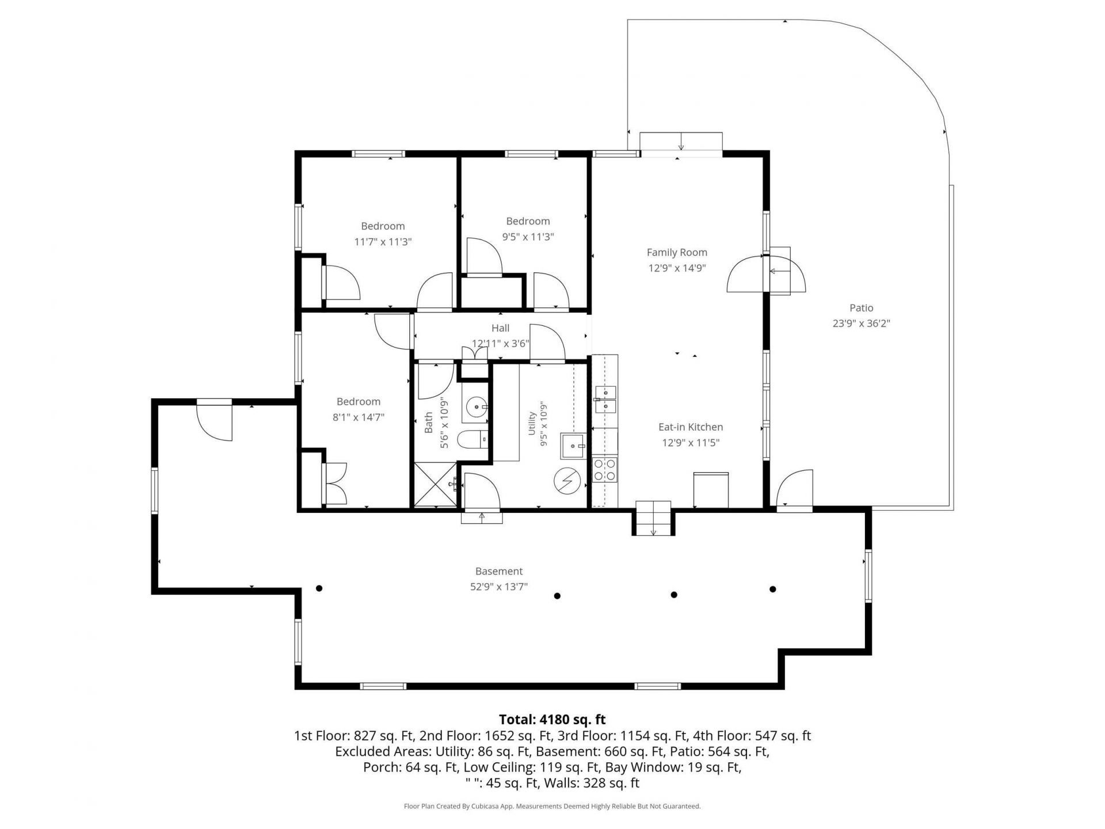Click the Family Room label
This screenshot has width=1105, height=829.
677,252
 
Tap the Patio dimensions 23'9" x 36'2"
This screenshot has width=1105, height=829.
861,324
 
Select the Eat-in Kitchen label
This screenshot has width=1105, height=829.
691,427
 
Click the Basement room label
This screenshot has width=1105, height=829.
499,571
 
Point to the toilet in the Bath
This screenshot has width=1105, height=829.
473,441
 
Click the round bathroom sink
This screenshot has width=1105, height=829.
476,407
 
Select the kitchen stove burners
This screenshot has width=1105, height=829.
605,469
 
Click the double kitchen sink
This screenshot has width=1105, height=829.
605,400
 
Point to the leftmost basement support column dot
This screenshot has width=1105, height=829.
319,588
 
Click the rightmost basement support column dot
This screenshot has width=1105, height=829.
773,589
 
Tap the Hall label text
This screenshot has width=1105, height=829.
500,328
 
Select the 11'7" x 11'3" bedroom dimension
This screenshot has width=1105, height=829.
383,242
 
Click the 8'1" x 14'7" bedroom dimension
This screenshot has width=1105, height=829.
359,417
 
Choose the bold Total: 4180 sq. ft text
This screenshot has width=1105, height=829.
552,720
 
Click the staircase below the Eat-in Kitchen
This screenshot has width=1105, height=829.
653,518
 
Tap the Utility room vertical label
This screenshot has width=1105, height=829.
532,423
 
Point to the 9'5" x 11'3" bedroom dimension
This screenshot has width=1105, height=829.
528,237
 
